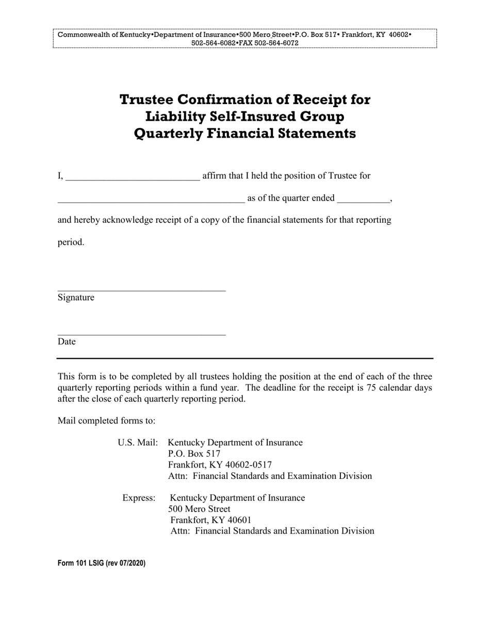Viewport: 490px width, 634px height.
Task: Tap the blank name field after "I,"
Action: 133,177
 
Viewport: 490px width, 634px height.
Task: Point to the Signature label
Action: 76,297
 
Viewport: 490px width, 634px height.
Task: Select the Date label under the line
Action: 67,341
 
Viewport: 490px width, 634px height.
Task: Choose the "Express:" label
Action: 139,497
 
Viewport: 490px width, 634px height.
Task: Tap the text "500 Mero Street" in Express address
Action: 200,509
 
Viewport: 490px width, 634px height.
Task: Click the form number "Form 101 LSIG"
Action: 80,563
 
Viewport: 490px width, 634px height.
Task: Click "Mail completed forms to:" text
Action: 106,421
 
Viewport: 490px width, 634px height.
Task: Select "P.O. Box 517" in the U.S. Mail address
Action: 194,454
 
